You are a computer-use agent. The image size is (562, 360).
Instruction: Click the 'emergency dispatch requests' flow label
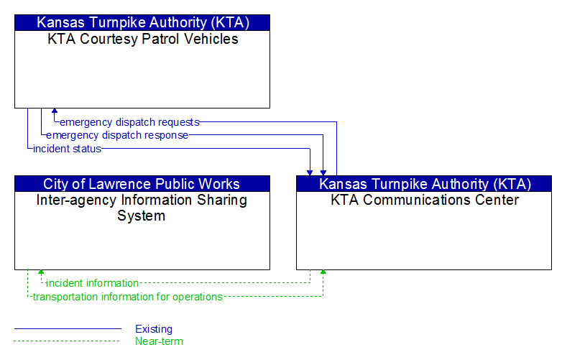tap(129, 122)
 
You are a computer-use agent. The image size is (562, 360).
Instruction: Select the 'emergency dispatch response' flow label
tap(117, 135)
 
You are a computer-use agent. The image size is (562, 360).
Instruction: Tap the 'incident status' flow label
tap(67, 149)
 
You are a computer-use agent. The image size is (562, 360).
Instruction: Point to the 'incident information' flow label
tap(93, 283)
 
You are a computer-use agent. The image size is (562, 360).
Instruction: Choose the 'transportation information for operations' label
tap(128, 297)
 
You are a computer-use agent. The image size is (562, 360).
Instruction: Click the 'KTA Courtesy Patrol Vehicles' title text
tap(142, 39)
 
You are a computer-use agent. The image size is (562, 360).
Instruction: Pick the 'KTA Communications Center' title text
tap(425, 200)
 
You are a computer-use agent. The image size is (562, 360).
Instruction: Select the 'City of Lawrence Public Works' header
tap(142, 184)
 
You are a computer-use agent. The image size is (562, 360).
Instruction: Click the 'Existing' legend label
tap(154, 329)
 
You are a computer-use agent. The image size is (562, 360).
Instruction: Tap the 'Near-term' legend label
tap(159, 341)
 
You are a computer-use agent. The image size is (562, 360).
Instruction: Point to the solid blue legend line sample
tap(68, 328)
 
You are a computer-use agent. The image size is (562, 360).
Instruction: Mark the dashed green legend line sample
tap(67, 341)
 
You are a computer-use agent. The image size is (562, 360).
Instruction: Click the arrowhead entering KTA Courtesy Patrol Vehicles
tap(55, 111)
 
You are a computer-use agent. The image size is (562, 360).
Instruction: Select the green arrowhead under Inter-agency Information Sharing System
tap(41, 272)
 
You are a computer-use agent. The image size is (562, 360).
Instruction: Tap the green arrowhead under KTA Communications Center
tap(323, 272)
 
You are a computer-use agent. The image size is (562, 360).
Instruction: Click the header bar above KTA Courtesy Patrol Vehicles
tap(142, 22)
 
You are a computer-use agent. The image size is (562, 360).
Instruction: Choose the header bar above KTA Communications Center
tap(424, 184)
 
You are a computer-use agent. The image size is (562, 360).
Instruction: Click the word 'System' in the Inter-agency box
tap(141, 216)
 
